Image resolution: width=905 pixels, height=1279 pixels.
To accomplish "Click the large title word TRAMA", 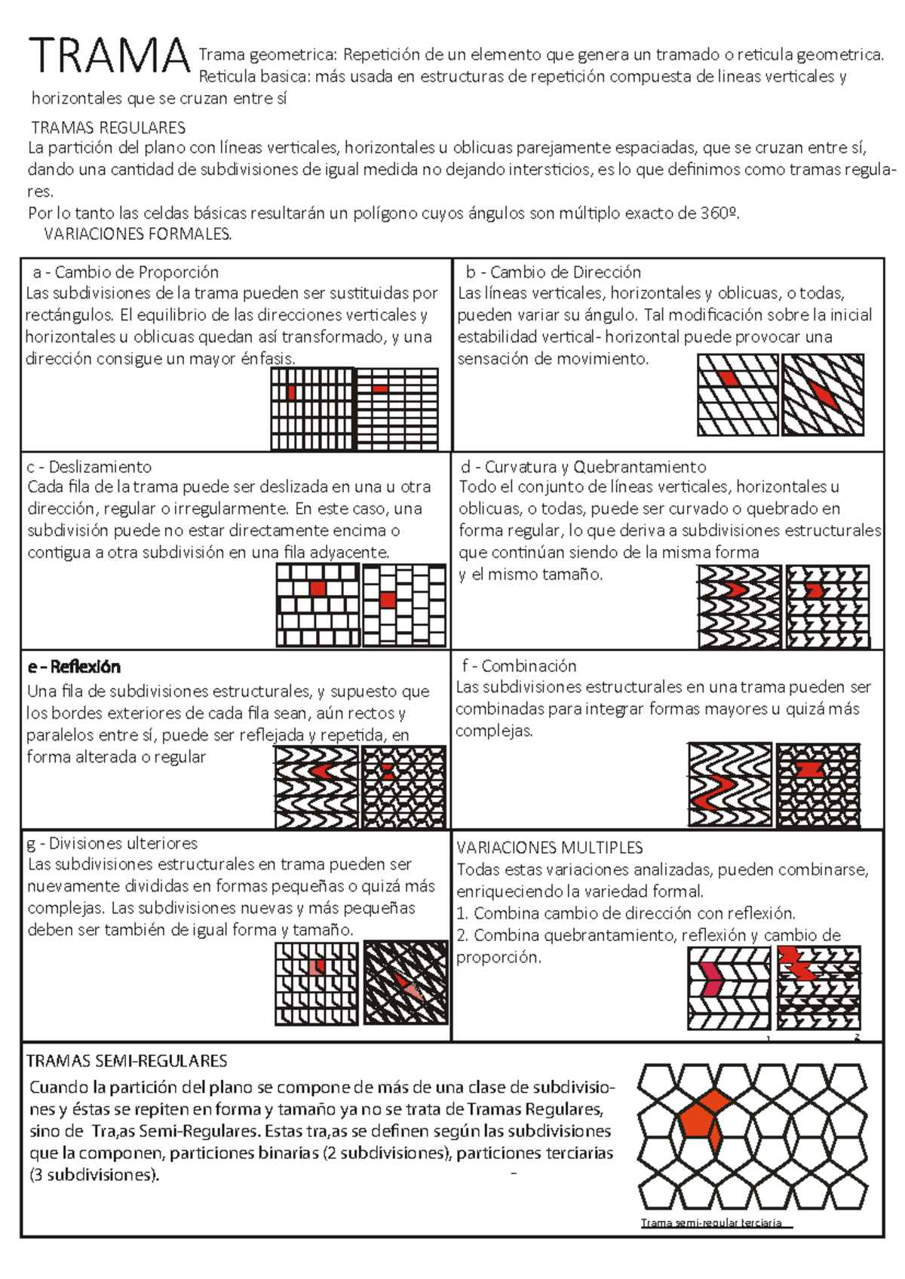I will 109,56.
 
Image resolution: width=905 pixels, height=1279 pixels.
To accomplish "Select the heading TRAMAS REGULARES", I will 108,127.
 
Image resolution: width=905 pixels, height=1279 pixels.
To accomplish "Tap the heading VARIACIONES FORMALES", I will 138,235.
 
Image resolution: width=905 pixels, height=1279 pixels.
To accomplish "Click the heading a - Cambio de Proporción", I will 125,272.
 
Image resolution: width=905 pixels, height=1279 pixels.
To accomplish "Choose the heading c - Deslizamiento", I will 89,467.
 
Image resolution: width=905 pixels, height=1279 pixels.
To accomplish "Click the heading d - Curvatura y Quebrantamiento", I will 583,467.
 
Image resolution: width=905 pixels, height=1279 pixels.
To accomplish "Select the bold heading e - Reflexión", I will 74,667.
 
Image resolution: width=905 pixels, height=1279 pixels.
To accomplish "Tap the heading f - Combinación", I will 519,666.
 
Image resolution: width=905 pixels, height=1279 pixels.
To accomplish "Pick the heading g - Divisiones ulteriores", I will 112,843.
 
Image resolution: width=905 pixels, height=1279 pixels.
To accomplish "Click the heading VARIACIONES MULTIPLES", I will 549,848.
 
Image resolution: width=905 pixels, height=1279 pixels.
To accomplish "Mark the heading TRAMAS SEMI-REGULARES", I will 127,1061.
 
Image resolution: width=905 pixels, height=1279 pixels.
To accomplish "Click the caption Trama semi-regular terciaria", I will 711,1222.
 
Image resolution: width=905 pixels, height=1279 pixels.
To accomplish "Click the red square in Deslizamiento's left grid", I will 318,589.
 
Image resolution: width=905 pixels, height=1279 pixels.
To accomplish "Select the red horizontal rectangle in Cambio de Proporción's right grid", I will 380,389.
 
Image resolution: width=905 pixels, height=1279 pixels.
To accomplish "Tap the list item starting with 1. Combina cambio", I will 626,913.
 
